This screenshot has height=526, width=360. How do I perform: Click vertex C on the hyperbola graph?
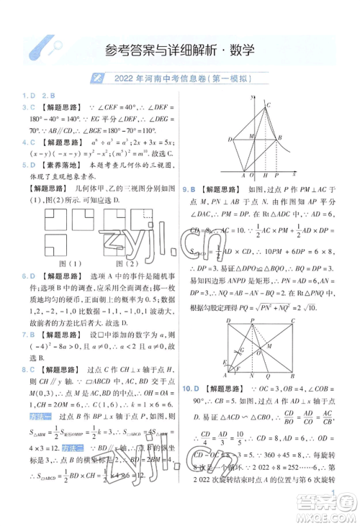tap(269, 105)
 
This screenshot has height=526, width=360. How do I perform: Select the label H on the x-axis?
tap(265, 176)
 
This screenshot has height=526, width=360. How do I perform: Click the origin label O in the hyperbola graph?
tap(251, 176)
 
